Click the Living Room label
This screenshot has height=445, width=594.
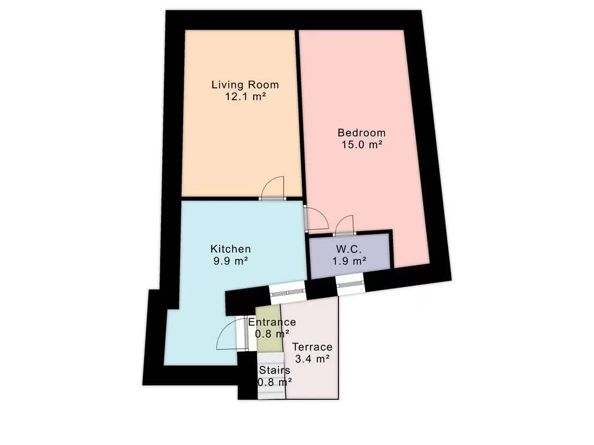245,85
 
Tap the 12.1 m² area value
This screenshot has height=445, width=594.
246,96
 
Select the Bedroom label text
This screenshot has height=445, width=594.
361,132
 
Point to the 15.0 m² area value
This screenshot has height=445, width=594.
361,145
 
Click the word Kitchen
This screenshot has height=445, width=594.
230,248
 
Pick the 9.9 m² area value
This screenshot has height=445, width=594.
230,261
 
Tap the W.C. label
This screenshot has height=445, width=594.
348,249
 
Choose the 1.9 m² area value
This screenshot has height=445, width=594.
349,261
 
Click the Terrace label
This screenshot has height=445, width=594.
312,347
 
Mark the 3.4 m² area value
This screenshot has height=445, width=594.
312,358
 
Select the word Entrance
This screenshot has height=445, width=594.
272,322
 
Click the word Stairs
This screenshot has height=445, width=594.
274,370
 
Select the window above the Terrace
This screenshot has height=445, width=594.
287,292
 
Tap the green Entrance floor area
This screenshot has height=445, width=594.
269,328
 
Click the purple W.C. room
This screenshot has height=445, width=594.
350,255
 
